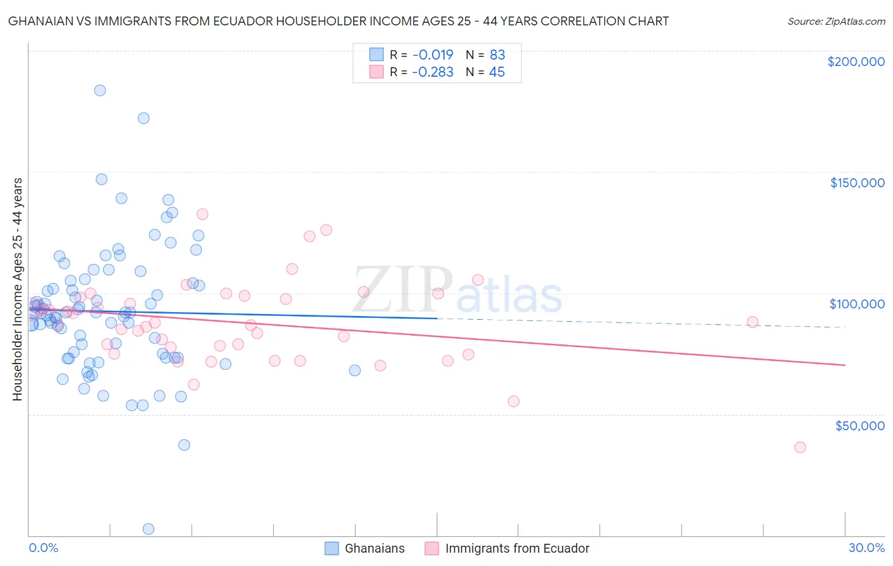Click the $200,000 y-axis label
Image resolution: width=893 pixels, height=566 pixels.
tap(856, 62)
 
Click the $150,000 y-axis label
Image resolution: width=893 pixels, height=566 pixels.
tap(857, 183)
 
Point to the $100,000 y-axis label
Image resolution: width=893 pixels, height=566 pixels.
tap(857, 304)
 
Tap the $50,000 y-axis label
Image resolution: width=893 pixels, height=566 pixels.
tap(859, 425)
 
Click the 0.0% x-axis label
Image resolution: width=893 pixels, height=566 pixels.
tap(43, 548)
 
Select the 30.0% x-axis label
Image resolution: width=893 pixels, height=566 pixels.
tap(866, 548)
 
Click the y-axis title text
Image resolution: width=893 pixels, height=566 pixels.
tap(17, 289)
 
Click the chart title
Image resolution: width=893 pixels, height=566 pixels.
tap(339, 21)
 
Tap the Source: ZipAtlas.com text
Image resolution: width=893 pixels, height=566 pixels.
tap(836, 22)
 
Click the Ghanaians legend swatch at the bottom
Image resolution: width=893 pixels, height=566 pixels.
tap(332, 548)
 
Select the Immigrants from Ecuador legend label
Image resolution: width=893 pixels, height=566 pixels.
tap(517, 548)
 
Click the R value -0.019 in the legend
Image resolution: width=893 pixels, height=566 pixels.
tap(433, 55)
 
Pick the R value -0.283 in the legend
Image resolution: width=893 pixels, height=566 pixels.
tap(433, 72)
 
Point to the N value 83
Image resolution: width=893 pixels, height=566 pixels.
tap(497, 55)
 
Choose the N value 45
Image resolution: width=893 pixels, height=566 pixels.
tap(497, 72)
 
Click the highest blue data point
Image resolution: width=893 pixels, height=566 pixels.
tap(100, 90)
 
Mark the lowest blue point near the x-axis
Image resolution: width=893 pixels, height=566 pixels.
tap(149, 529)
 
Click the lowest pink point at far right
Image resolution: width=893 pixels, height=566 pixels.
tap(800, 447)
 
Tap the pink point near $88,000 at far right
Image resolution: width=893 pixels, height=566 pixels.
tap(753, 322)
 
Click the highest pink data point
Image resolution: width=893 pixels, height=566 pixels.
tap(203, 214)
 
